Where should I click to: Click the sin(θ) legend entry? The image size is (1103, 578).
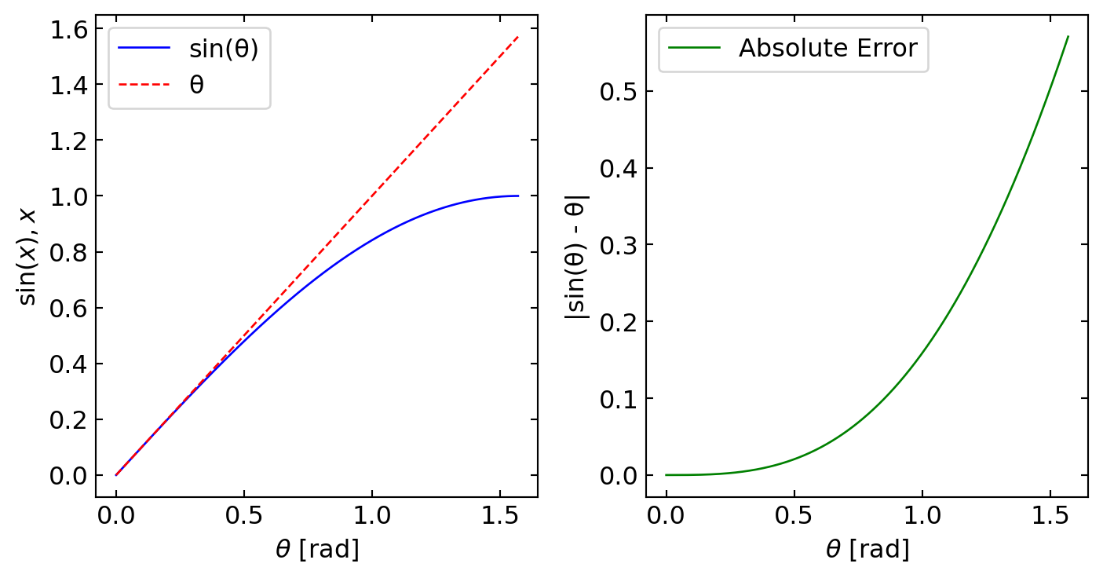click(x=224, y=48)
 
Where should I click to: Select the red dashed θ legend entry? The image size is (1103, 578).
click(x=196, y=84)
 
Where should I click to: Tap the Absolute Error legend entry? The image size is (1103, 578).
click(x=827, y=48)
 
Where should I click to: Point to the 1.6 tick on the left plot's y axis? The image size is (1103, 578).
click(x=68, y=29)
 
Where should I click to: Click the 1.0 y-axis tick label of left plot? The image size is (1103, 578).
click(x=68, y=196)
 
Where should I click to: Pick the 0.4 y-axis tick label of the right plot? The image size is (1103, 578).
click(x=619, y=168)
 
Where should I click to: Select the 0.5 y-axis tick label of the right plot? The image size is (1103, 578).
click(x=619, y=92)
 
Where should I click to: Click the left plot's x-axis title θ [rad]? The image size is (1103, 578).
click(x=317, y=550)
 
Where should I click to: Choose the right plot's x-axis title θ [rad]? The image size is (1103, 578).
click(x=867, y=550)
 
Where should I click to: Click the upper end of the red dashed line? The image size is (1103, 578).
click(x=518, y=36)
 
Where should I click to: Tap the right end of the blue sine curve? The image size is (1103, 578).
click(x=518, y=196)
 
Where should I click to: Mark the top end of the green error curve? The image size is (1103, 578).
click(x=1068, y=36)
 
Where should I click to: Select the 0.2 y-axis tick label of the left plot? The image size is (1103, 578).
click(x=68, y=420)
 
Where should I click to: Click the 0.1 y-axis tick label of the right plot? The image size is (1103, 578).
click(x=619, y=399)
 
